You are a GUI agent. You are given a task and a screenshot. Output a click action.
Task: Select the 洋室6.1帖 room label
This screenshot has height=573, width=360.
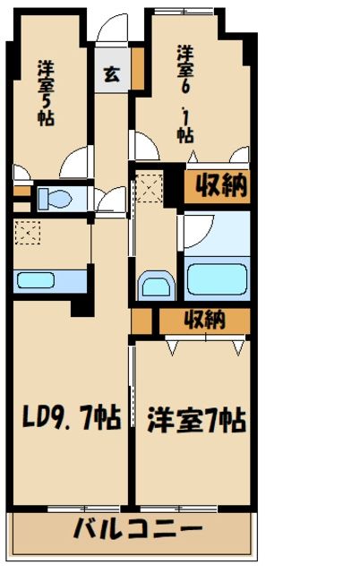tap(185, 93)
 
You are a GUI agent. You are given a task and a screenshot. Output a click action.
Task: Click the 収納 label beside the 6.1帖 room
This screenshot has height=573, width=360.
tap(216, 187)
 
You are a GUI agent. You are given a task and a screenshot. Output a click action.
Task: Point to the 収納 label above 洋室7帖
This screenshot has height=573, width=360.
tap(205, 320)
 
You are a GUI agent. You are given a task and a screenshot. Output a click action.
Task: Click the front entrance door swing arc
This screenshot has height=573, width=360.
tap(113, 31)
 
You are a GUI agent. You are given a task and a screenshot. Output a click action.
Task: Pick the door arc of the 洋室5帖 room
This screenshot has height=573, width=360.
tap(75, 163)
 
